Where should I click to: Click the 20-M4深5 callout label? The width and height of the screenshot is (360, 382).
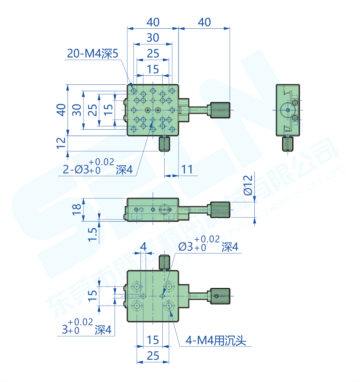(x=92, y=54)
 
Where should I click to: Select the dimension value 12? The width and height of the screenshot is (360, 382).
(x=61, y=143)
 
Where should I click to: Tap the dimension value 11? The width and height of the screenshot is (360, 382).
(x=187, y=169)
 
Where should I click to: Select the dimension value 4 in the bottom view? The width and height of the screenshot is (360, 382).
(x=143, y=247)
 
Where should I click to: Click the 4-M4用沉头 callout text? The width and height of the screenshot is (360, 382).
(x=216, y=340)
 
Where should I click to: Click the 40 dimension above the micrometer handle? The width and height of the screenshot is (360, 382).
(x=204, y=22)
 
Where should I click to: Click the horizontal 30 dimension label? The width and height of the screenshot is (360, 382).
(x=153, y=37)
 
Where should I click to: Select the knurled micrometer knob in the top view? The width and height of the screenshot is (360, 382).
(x=220, y=110)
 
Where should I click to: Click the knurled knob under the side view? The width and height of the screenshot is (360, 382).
(x=287, y=144)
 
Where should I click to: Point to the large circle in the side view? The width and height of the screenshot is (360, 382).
(x=287, y=109)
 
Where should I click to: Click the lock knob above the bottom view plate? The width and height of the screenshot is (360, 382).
(x=165, y=262)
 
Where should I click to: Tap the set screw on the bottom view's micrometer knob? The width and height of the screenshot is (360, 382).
(x=216, y=296)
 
